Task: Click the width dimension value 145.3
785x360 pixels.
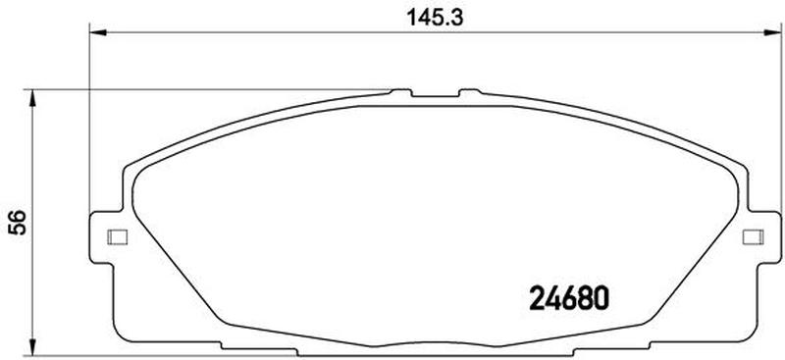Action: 435,18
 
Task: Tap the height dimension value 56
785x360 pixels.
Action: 17,223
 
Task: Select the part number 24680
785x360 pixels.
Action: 569,298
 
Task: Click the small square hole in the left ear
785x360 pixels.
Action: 118,236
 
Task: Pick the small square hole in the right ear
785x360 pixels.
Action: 753,236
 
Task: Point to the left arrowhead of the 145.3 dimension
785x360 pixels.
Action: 98,33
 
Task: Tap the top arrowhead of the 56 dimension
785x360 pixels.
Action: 32,99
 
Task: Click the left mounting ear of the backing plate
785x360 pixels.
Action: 105,236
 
